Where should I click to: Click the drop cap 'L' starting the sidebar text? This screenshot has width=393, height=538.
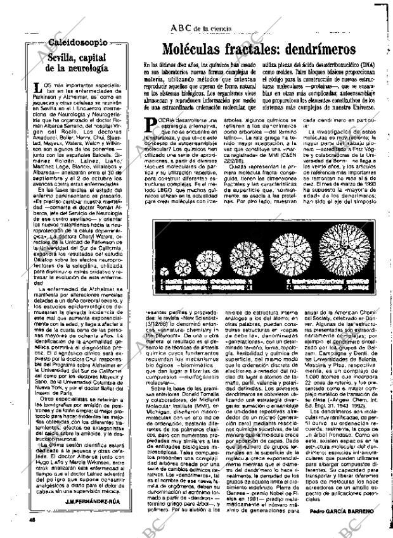pos(39,89)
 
